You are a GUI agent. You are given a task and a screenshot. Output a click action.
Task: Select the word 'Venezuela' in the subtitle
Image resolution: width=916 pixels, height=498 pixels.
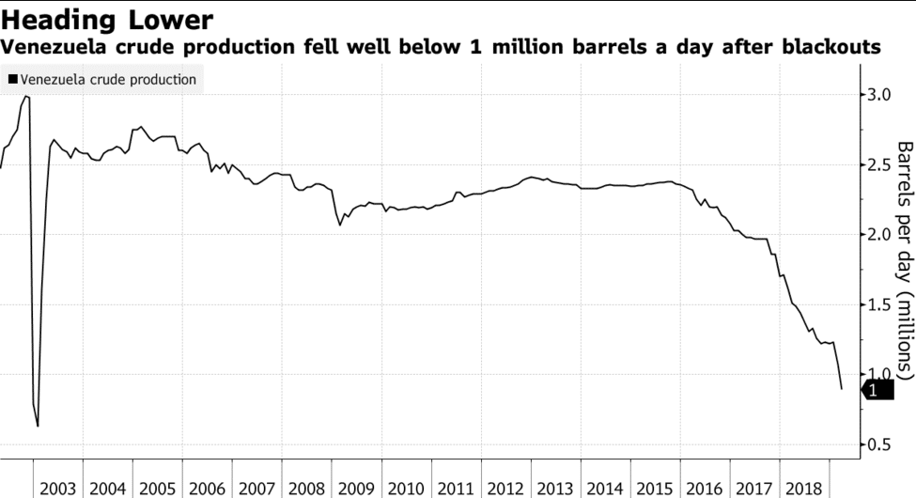click(x=55, y=47)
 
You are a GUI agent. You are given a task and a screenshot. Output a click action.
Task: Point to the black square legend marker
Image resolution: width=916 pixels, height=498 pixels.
click(x=12, y=80)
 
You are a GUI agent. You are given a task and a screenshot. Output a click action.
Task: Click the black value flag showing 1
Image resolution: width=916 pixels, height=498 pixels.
click(x=877, y=391)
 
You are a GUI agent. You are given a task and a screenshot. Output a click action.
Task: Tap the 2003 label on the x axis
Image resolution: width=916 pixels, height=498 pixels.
click(x=58, y=489)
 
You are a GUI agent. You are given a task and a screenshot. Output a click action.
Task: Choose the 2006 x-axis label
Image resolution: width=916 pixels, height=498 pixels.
click(x=207, y=489)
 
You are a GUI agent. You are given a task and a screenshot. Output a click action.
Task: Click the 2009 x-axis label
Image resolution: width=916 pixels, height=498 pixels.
click(x=356, y=489)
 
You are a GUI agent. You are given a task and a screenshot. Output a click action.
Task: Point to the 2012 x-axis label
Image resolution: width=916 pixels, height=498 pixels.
click(x=505, y=489)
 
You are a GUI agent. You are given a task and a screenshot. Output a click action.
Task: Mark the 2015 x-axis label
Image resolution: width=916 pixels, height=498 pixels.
click(x=654, y=489)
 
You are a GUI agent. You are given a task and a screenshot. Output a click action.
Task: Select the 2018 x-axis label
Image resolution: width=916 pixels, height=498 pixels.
click(x=803, y=489)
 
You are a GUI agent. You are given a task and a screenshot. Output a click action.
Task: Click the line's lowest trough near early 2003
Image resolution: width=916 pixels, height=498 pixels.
click(x=38, y=426)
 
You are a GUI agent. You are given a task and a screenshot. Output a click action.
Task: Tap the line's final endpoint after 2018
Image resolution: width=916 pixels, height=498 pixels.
click(x=842, y=388)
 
